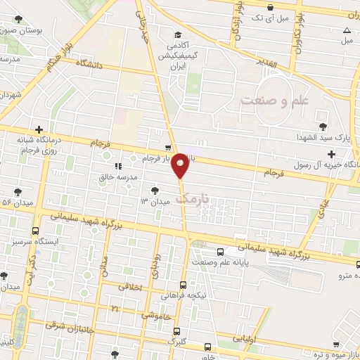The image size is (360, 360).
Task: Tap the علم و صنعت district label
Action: point(276,101)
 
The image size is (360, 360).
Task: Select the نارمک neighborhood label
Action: point(193,199)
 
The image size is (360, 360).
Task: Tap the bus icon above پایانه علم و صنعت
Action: point(221,251)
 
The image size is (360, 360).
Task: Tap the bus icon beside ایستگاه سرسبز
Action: point(35,230)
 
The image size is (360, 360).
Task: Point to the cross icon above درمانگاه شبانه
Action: point(39,129)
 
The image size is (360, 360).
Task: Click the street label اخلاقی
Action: point(130,287)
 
